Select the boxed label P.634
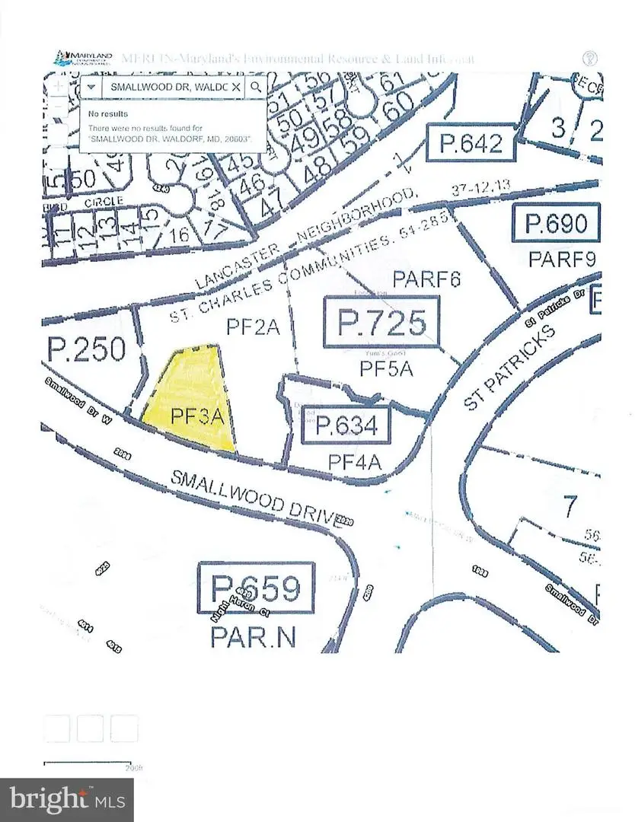click(346, 425)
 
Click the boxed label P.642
click(470, 143)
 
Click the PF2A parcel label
click(254, 327)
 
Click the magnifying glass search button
click(256, 87)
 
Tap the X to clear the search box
click(236, 88)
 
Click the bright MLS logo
click(67, 799)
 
